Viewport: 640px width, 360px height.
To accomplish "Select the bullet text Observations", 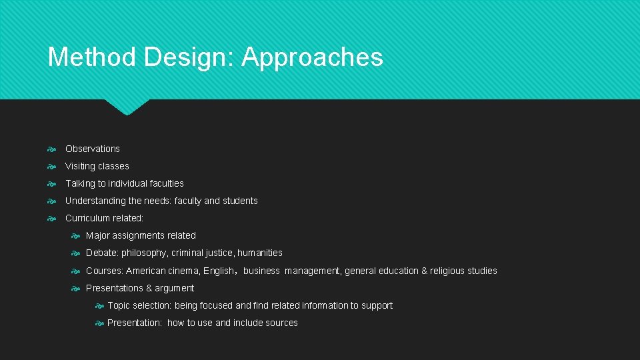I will [x=93, y=149].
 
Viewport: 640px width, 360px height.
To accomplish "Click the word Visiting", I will [x=81, y=166].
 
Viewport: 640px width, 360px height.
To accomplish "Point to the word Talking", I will [x=80, y=183].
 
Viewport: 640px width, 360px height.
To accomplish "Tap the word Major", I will [x=98, y=235].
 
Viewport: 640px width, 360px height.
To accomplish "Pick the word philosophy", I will [x=144, y=253].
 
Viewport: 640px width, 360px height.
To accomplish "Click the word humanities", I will [x=260, y=253].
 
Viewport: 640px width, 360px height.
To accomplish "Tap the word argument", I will [x=175, y=289].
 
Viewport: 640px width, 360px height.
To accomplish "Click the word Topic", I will [x=119, y=305].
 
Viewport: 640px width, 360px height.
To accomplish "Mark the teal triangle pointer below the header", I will [x=127, y=107].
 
